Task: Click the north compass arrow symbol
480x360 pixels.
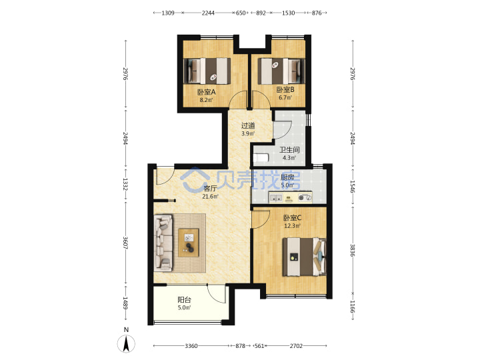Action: pyautogui.click(x=126, y=343)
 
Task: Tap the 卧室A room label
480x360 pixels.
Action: pyautogui.click(x=206, y=92)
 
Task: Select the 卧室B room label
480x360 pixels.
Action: pyautogui.click(x=285, y=90)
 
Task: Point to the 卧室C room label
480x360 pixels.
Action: pyautogui.click(x=293, y=217)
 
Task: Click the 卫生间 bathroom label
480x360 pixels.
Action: pyautogui.click(x=289, y=150)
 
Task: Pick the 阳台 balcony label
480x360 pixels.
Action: pyautogui.click(x=184, y=300)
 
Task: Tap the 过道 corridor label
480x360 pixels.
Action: pyautogui.click(x=248, y=125)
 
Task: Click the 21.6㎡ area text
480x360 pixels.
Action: pyautogui.click(x=210, y=197)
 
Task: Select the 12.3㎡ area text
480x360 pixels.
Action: pyautogui.click(x=292, y=226)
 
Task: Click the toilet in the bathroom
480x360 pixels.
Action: pyautogui.click(x=261, y=157)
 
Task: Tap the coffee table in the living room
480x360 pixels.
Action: pyautogui.click(x=189, y=243)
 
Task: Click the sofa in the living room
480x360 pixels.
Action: pyautogui.click(x=163, y=243)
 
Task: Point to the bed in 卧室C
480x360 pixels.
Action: pyautogui.click(x=304, y=257)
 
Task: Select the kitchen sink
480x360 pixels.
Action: pyautogui.click(x=275, y=197)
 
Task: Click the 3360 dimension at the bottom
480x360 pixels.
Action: pyautogui.click(x=191, y=346)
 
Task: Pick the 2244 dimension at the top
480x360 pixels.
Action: pyautogui.click(x=208, y=13)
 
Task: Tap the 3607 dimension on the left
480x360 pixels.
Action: pyautogui.click(x=125, y=243)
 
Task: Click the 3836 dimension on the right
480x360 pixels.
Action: pyautogui.click(x=353, y=251)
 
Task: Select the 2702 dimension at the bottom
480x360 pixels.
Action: pyautogui.click(x=296, y=346)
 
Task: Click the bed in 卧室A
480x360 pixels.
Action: pyautogui.click(x=207, y=71)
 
